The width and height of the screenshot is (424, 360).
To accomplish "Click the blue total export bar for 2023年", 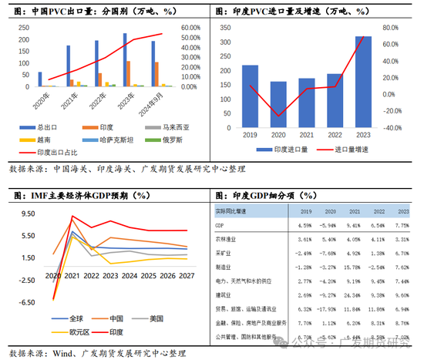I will click(125, 59).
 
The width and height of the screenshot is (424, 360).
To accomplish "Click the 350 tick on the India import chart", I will click(226, 28).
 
